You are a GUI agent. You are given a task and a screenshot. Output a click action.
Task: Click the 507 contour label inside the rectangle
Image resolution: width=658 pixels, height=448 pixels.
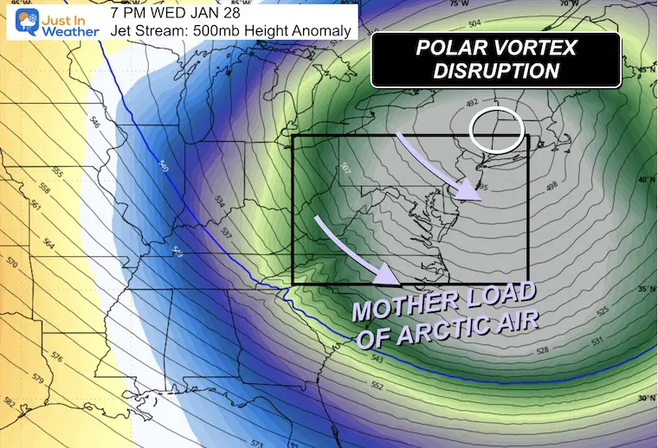pyautogui.click(x=345, y=167)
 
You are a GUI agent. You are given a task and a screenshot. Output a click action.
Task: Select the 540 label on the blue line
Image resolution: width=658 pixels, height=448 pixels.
pyautogui.click(x=164, y=165)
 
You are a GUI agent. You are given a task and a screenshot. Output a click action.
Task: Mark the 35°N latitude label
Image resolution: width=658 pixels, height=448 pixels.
pyautogui.click(x=642, y=289)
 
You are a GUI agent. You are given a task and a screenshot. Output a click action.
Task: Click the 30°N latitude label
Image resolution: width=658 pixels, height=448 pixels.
pyautogui.click(x=642, y=399)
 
